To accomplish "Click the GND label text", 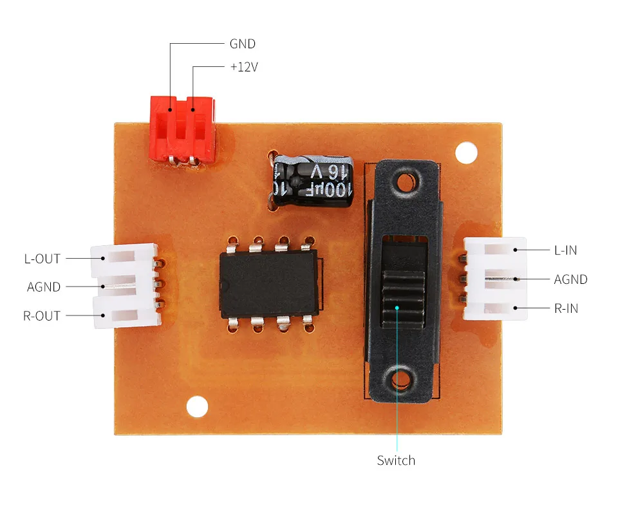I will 242,44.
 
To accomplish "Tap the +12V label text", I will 243,67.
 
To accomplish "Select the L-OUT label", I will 42,259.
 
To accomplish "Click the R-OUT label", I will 42,315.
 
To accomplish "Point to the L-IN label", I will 565,250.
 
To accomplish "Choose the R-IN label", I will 566,308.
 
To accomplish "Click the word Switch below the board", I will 396,460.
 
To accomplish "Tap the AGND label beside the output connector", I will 44,287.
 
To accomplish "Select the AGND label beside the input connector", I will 570,279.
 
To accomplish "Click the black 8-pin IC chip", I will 269,283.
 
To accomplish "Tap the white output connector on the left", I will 126,286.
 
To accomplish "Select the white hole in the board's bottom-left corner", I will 197,406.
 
